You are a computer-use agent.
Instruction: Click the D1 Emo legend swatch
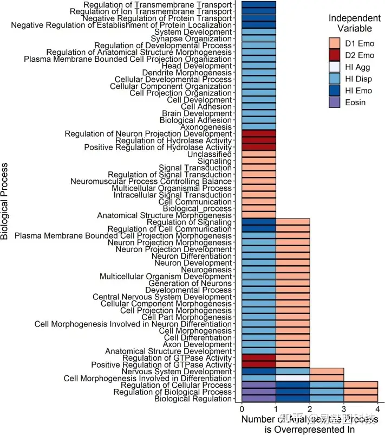coord(336,43)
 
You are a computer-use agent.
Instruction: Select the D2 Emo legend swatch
coord(336,55)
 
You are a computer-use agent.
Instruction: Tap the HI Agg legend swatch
coord(336,67)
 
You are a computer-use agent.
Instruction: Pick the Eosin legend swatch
coord(336,103)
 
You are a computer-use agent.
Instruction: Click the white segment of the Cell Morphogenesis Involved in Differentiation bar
coord(293,378)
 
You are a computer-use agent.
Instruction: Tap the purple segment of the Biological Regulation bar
coord(259,399)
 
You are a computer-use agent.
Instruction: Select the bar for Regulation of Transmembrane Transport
coord(259,4)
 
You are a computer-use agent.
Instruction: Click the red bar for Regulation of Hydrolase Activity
coord(259,140)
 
